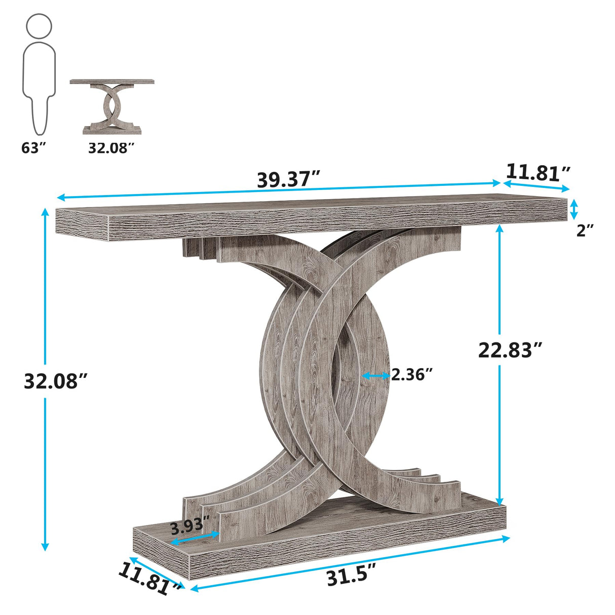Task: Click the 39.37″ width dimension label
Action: click(289, 179)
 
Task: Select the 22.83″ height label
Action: click(510, 350)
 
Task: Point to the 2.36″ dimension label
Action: click(412, 375)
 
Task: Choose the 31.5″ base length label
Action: click(352, 576)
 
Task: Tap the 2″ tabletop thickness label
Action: click(585, 230)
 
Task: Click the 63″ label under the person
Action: click(34, 148)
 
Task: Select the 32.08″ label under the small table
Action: click(111, 148)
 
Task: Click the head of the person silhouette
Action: click(39, 26)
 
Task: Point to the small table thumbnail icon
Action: click(112, 106)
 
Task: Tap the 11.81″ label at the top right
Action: click(538, 173)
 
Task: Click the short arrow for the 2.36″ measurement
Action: click(376, 375)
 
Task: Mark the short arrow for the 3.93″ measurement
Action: click(195, 538)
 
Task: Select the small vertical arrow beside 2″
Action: click(573, 209)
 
